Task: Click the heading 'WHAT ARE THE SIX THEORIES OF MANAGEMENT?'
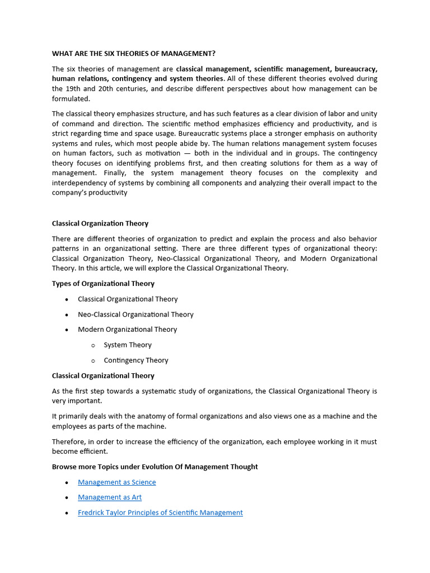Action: pyautogui.click(x=133, y=54)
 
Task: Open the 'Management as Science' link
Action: pyautogui.click(x=116, y=482)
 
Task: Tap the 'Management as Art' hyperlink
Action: pyautogui.click(x=110, y=497)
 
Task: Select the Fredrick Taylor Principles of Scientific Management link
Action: pyautogui.click(x=160, y=512)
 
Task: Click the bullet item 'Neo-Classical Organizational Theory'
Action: pyautogui.click(x=135, y=314)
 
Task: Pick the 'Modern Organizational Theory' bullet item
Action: pyautogui.click(x=127, y=330)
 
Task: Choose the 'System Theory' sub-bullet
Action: pyautogui.click(x=128, y=345)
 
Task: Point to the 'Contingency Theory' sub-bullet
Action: pyautogui.click(x=135, y=360)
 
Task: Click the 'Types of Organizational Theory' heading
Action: pyautogui.click(x=103, y=284)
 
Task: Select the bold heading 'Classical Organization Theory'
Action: pyautogui.click(x=100, y=223)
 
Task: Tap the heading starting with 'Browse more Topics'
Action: pyautogui.click(x=155, y=467)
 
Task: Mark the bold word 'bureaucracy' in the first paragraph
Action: pyautogui.click(x=354, y=69)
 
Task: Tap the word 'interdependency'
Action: pyautogui.click(x=81, y=183)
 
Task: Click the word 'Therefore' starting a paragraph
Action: pyautogui.click(x=69, y=442)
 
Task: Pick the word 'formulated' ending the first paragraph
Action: pyautogui.click(x=71, y=99)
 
